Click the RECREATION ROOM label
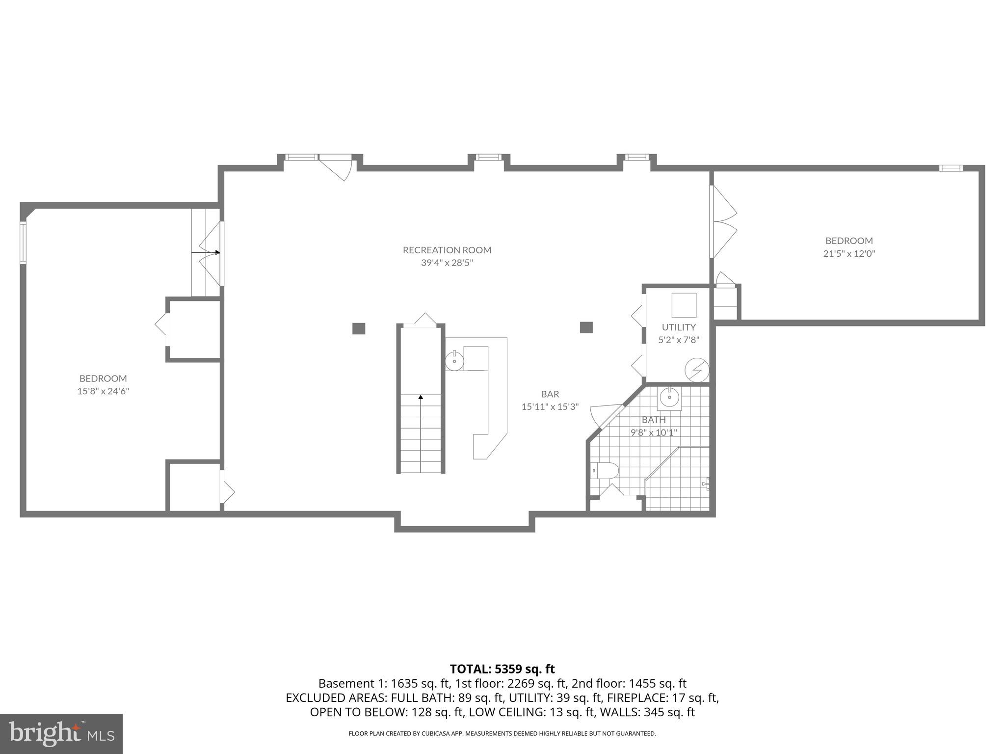coord(447,250)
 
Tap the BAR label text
coord(550,394)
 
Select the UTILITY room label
coord(678,327)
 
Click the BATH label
coord(654,420)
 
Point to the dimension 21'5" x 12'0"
coord(849,254)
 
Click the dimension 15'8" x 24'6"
coord(103,391)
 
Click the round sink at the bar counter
coord(454,361)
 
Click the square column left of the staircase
coord(359,328)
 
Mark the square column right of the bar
coord(586,327)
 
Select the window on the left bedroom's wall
coord(23,243)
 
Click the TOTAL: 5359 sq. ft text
coord(502,669)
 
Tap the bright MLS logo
coord(61,733)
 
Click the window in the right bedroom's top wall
coord(951,168)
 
